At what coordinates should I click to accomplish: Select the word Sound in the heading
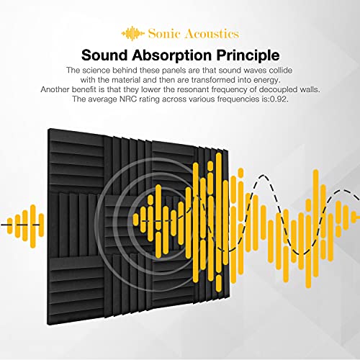click(108, 54)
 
